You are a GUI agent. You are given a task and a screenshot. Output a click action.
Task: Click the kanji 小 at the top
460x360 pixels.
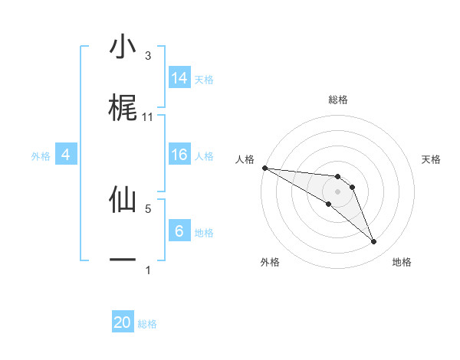point(123,47)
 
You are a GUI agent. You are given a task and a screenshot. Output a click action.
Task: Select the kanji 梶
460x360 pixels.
point(123,108)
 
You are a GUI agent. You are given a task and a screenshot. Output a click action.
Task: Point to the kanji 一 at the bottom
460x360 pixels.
point(123,260)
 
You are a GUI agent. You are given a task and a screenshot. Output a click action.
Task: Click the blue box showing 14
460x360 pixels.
point(179,78)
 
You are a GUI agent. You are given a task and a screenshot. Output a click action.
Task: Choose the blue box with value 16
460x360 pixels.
point(179,155)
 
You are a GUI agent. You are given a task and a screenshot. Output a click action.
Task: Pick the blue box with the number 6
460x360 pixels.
point(179,231)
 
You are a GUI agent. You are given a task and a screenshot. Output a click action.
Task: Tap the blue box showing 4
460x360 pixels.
point(66,155)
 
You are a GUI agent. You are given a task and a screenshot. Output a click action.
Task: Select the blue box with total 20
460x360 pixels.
point(123,322)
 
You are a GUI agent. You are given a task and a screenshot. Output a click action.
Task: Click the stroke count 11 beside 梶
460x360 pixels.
point(148,117)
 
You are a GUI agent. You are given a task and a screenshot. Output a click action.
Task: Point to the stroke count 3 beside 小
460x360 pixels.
point(148,56)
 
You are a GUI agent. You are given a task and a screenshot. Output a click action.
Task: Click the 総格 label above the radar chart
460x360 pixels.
point(338,100)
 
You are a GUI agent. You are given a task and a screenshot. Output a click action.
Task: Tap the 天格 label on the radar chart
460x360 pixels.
point(432,159)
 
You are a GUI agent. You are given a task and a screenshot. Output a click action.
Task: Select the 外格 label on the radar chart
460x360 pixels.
point(270,262)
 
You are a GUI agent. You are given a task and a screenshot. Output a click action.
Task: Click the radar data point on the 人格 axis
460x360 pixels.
point(264,168)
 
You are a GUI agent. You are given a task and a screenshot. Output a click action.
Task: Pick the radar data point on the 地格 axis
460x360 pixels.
point(374,242)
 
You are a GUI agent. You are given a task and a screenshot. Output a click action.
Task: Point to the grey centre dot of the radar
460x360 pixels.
point(338,191)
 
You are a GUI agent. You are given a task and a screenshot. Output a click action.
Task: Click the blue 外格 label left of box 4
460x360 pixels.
point(41,156)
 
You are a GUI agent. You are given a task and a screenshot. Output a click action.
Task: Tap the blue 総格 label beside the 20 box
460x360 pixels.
point(147,324)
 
